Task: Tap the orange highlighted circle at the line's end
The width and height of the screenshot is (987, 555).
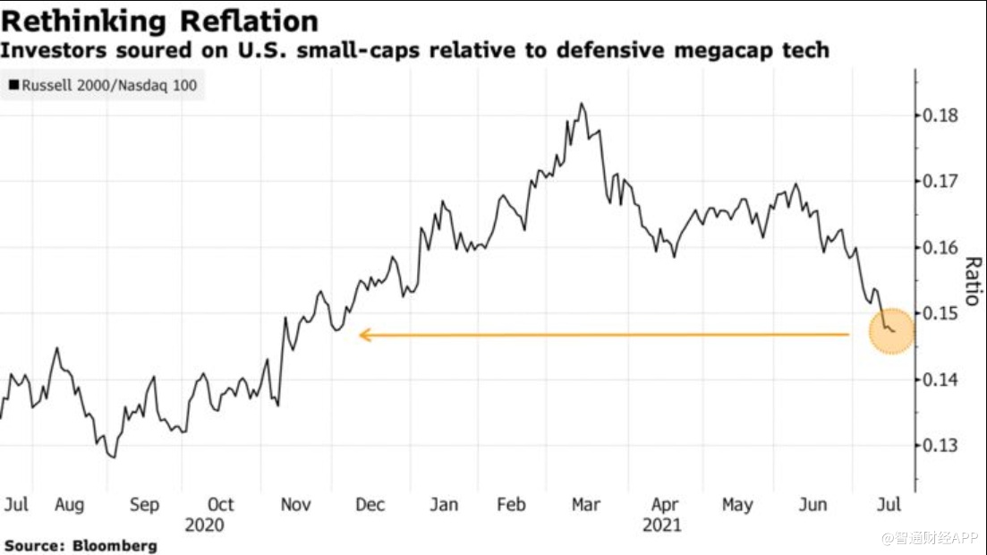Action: click(x=891, y=331)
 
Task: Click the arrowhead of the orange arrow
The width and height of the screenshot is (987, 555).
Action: click(x=363, y=336)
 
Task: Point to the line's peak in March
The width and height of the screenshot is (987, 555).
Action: click(x=582, y=104)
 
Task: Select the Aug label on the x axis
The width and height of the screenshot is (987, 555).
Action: click(x=69, y=505)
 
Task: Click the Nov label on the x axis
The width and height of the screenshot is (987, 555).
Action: click(x=295, y=505)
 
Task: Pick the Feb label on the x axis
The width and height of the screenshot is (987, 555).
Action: click(x=511, y=505)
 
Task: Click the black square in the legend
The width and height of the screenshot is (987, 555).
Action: click(x=13, y=87)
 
